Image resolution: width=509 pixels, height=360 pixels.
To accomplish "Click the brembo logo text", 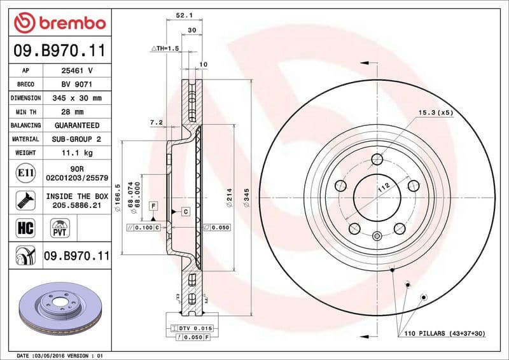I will point(70,23).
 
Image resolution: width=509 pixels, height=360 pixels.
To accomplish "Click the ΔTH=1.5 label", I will point(165,48).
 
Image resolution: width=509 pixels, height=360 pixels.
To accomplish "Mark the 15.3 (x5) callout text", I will point(435,113).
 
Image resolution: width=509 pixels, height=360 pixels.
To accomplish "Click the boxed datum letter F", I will point(153,205).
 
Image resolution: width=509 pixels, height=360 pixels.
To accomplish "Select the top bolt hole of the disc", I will point(377,159).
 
